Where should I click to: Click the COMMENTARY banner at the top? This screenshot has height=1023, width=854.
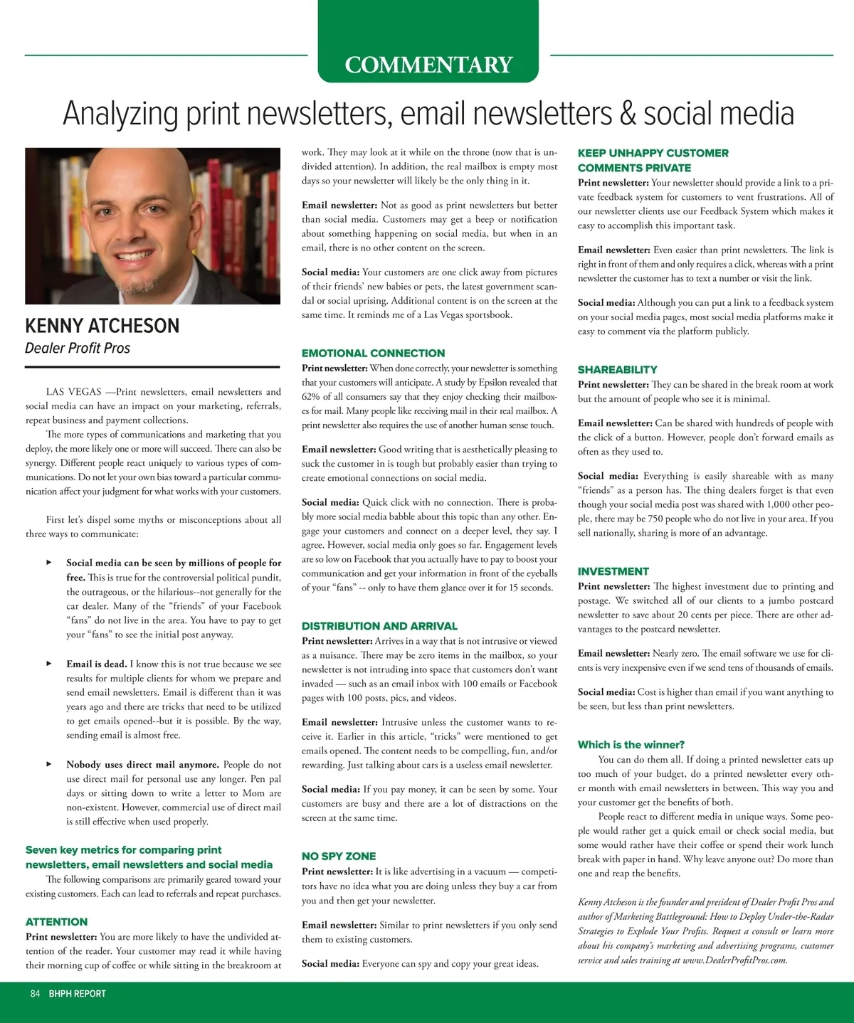pyautogui.click(x=428, y=65)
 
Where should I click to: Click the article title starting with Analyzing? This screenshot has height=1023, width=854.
pyautogui.click(x=428, y=114)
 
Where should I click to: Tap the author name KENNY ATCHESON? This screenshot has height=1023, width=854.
pyautogui.click(x=102, y=326)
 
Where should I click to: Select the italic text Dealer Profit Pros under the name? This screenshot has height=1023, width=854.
pyautogui.click(x=78, y=348)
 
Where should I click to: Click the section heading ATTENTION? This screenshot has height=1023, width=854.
pyautogui.click(x=57, y=922)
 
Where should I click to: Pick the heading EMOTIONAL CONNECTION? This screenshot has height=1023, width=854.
pyautogui.click(x=373, y=353)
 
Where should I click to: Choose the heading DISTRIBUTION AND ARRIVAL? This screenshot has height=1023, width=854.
pyautogui.click(x=379, y=626)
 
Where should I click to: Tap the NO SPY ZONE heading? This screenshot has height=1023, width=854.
pyautogui.click(x=339, y=857)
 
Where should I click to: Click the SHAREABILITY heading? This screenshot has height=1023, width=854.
pyautogui.click(x=618, y=369)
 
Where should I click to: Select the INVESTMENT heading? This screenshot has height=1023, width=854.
pyautogui.click(x=613, y=571)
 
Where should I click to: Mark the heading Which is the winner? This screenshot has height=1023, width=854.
pyautogui.click(x=631, y=745)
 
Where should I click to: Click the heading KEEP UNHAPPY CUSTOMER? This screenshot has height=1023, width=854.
pyautogui.click(x=653, y=153)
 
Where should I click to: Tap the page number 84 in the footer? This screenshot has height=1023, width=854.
pyautogui.click(x=36, y=994)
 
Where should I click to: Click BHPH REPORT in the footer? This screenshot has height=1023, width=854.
pyautogui.click(x=77, y=994)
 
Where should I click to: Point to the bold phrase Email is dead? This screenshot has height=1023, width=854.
pyautogui.click(x=96, y=664)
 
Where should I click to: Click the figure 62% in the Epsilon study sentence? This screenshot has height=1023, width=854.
pyautogui.click(x=311, y=397)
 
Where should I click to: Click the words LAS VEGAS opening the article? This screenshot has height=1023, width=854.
pyautogui.click(x=73, y=391)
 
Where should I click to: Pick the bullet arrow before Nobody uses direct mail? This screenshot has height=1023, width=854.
pyautogui.click(x=49, y=764)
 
